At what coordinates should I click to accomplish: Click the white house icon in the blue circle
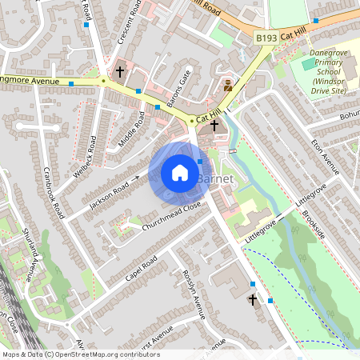pos(180,172)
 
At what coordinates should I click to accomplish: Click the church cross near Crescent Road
pos(120,71)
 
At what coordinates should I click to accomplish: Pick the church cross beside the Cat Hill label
pos(214,125)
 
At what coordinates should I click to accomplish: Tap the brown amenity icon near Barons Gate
pos(228,84)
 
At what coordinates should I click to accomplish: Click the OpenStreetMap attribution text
pos(80,354)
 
